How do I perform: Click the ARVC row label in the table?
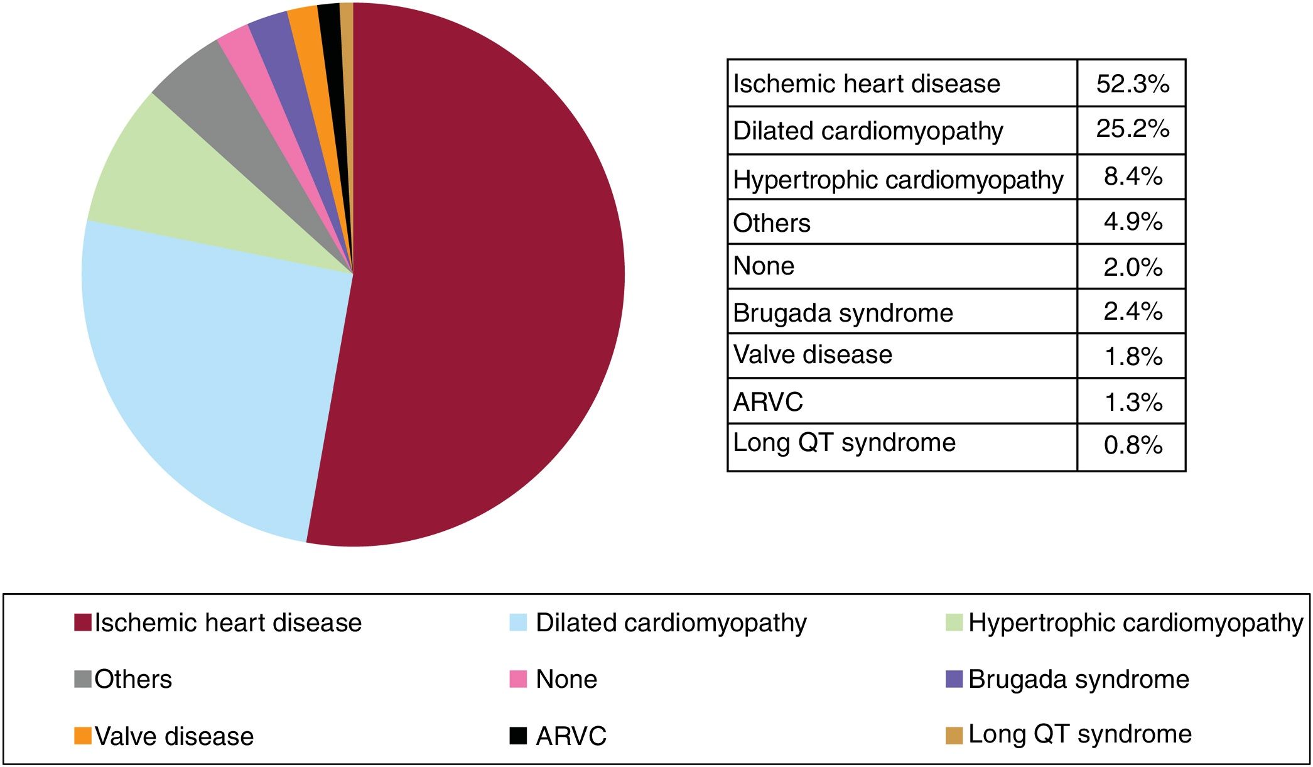[x=768, y=402]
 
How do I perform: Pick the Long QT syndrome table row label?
[x=844, y=443]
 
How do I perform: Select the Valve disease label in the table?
[x=813, y=355]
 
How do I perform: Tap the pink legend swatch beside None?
[x=518, y=679]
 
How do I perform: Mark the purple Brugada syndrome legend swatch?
[x=954, y=679]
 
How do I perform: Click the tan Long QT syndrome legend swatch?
[x=954, y=735]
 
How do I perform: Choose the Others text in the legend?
[x=133, y=680]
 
